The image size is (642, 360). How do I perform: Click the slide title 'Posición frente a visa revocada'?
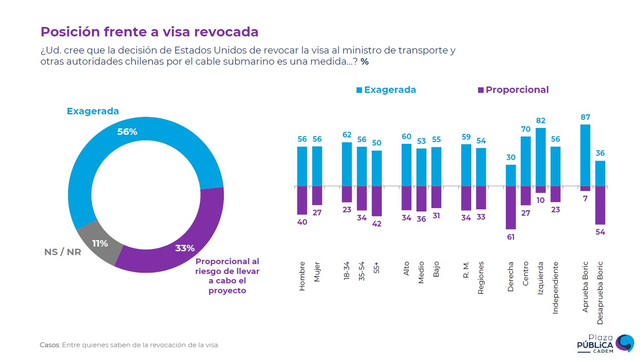point(149,32)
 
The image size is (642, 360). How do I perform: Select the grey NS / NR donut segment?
point(98,242)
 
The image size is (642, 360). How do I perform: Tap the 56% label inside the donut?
point(127,132)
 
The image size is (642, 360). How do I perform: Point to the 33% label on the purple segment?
point(185,248)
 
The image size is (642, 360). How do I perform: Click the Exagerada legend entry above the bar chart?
point(386,90)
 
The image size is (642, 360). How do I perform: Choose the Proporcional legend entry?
point(513,90)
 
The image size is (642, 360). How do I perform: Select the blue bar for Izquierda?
point(541,157)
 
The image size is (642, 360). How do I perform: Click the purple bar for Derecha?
point(511,208)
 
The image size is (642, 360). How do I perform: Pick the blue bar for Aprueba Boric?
point(585,155)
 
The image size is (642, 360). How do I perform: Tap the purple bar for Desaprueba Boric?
point(600,205)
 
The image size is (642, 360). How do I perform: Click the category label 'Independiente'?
point(556,288)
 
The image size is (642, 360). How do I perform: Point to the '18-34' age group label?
point(347,271)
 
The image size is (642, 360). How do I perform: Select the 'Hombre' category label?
point(302,276)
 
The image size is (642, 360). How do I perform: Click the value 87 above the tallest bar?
point(585,117)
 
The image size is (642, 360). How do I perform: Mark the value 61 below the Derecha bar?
point(511,237)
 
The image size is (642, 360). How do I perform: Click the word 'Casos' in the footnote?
point(50,345)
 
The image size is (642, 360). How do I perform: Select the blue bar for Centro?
point(526,161)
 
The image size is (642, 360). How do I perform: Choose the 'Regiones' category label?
point(481,278)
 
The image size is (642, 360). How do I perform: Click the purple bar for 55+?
point(377,201)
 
